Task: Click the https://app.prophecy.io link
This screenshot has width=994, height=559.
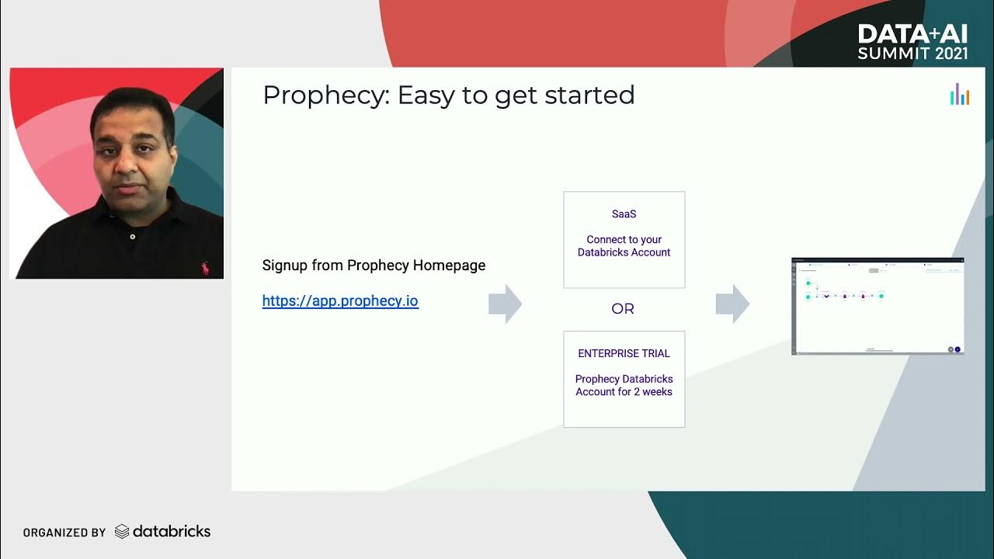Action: [340, 301]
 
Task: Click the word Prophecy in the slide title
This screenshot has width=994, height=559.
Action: [324, 95]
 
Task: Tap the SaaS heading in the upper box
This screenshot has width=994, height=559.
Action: [624, 214]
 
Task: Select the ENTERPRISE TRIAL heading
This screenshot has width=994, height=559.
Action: [624, 353]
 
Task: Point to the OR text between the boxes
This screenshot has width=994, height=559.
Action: [623, 309]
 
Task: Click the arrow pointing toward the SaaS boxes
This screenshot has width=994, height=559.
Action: [505, 304]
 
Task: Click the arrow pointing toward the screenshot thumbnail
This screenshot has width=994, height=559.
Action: [732, 304]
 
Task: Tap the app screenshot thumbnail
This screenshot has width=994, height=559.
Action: [877, 306]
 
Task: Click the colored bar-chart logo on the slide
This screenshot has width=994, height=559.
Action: [960, 94]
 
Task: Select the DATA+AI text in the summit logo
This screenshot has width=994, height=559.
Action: [912, 34]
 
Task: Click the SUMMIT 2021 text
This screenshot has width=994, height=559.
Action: [912, 54]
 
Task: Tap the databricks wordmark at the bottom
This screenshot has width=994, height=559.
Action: [172, 532]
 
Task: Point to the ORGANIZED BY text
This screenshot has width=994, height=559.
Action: [64, 533]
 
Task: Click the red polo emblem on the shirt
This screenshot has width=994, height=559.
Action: [205, 269]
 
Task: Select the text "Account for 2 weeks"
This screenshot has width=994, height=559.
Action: [624, 392]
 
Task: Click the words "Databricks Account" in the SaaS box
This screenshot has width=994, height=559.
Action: [624, 252]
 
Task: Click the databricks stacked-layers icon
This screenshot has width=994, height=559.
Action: [122, 532]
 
